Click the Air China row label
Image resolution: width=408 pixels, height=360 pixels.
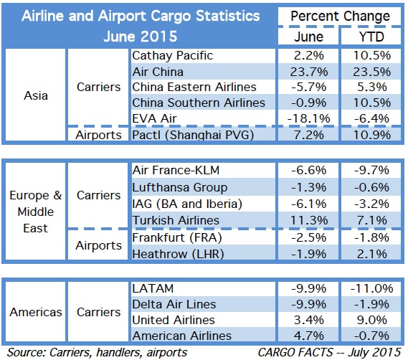[x=158, y=71]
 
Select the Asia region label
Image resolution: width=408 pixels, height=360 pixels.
[x=35, y=94]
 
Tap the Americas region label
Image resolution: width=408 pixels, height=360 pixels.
[x=35, y=312]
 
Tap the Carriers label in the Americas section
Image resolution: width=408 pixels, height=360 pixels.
[x=98, y=312]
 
